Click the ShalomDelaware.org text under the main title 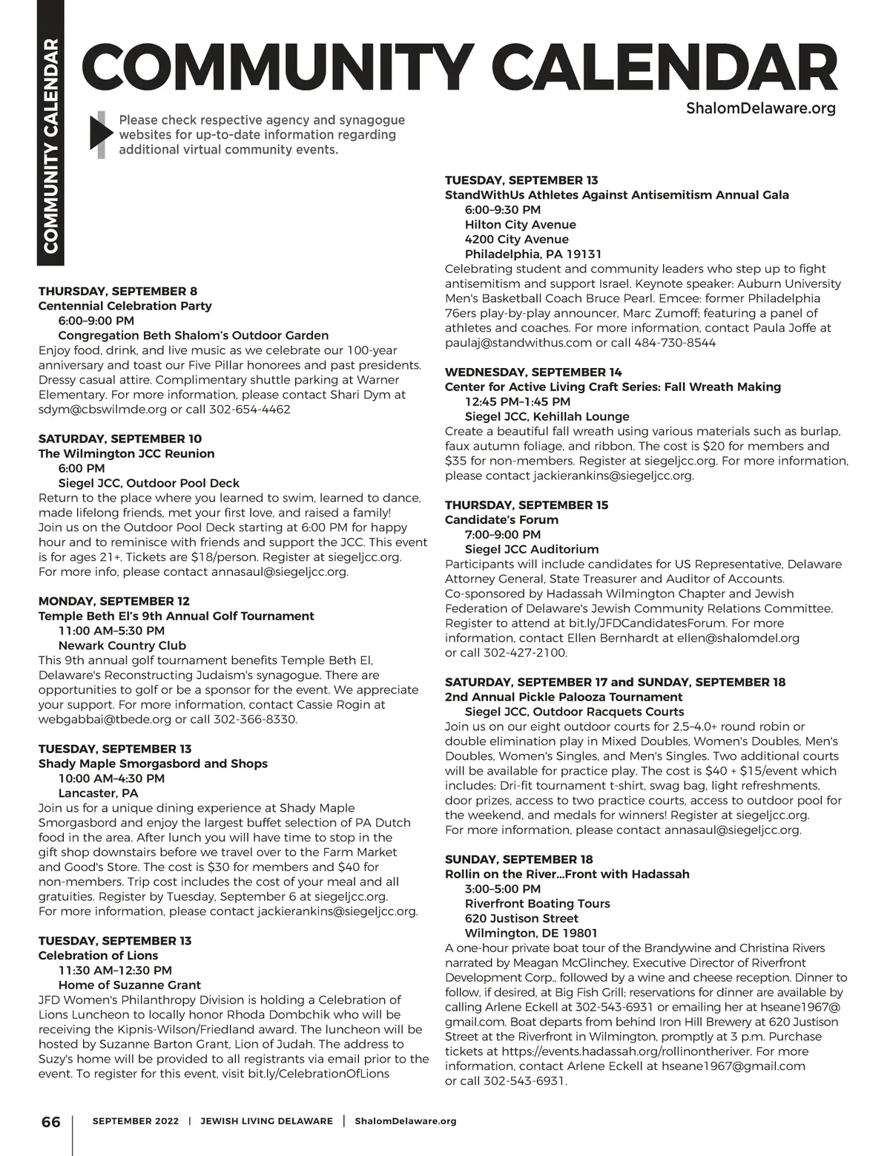[761, 108]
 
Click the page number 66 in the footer [50, 1121]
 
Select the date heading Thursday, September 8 [118, 291]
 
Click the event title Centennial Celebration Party [125, 306]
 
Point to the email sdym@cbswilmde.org [103, 410]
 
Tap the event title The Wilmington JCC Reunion [127, 453]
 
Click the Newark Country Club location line [122, 646]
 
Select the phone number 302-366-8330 [254, 720]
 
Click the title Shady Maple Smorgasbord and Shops [153, 763]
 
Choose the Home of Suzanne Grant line [130, 985]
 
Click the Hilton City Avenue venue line [521, 225]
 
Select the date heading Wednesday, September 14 [533, 372]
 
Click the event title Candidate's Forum [501, 519]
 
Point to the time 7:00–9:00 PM [503, 534]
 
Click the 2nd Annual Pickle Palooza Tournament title [564, 697]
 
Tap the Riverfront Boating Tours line [538, 904]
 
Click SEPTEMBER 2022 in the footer [136, 1121]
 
